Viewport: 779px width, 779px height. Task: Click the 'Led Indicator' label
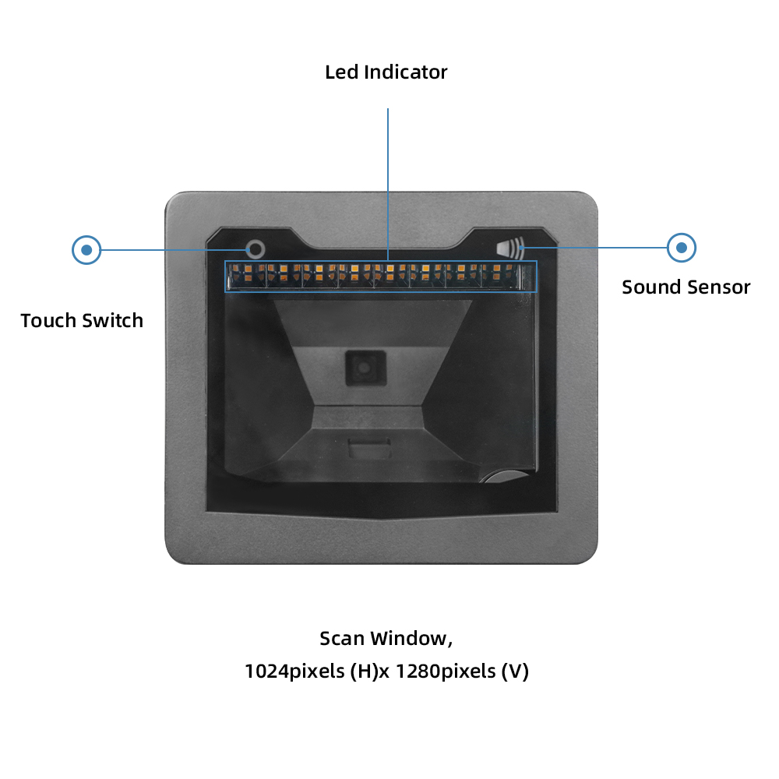[x=386, y=72]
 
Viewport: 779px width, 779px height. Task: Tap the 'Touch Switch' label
[x=82, y=320]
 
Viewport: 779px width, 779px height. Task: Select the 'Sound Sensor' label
[x=686, y=287]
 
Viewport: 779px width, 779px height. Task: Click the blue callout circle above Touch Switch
[x=86, y=250]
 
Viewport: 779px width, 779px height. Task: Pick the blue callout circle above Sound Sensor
[x=682, y=248]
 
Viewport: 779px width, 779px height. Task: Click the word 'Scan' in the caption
[x=342, y=639]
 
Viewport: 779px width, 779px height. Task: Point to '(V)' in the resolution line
[x=513, y=671]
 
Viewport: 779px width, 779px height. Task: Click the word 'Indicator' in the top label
[x=409, y=72]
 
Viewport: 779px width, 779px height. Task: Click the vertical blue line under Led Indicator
[x=388, y=179]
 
